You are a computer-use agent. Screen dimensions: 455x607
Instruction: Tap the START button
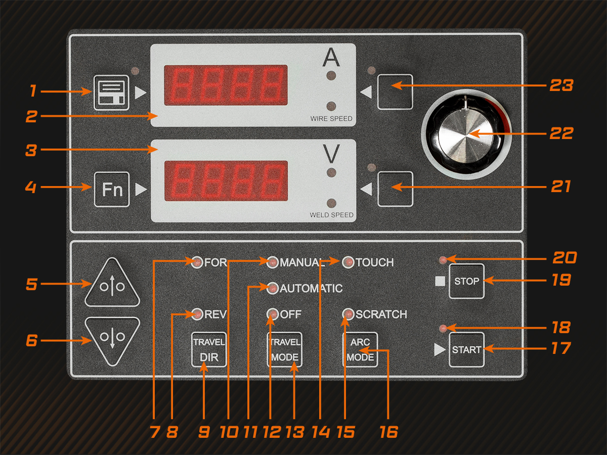pyautogui.click(x=466, y=349)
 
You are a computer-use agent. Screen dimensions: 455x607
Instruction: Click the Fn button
pyautogui.click(x=112, y=189)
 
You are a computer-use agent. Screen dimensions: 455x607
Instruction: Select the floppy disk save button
pyautogui.click(x=111, y=93)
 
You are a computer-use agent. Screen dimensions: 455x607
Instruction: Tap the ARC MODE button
pyautogui.click(x=360, y=349)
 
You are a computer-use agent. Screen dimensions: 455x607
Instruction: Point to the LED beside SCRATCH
pyautogui.click(x=348, y=314)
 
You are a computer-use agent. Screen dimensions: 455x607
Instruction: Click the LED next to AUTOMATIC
pyautogui.click(x=272, y=288)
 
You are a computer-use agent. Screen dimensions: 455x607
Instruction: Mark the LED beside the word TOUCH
pyautogui.click(x=348, y=262)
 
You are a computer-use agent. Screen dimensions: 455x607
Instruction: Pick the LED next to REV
pyautogui.click(x=196, y=314)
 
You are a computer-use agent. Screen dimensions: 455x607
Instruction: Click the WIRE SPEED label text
pyautogui.click(x=331, y=119)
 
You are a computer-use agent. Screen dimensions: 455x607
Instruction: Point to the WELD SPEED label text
pyautogui.click(x=331, y=215)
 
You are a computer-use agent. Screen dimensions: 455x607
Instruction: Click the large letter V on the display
pyautogui.click(x=331, y=153)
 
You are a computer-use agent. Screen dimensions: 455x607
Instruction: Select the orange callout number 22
pyautogui.click(x=561, y=133)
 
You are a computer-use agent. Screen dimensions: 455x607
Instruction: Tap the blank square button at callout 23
pyautogui.click(x=395, y=92)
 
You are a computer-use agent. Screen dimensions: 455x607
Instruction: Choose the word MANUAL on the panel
pyautogui.click(x=301, y=262)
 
